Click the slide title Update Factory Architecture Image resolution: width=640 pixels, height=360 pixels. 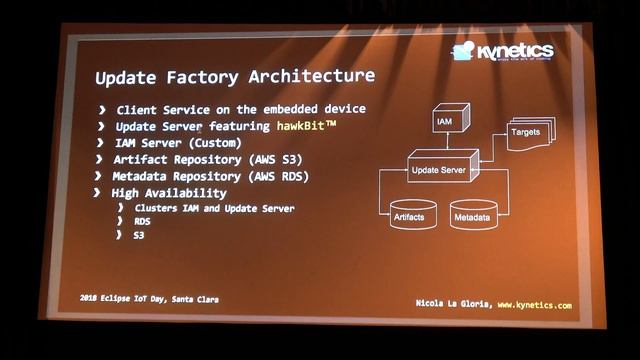click(x=235, y=76)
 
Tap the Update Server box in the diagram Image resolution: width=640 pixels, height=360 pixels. click(x=437, y=172)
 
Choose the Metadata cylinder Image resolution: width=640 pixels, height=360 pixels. click(x=472, y=215)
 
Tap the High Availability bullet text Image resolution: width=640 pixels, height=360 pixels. click(x=169, y=192)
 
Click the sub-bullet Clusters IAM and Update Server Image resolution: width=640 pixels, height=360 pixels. click(x=214, y=208)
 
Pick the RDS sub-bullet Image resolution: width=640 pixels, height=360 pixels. click(x=143, y=221)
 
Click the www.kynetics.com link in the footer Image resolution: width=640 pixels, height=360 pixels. click(x=535, y=304)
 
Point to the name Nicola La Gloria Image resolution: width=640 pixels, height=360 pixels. click(x=452, y=304)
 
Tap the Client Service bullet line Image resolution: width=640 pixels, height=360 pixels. click(x=240, y=109)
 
